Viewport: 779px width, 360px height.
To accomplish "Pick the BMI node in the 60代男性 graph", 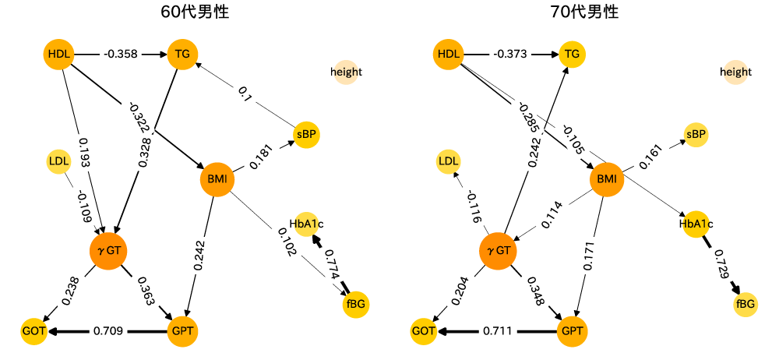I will click(x=217, y=180).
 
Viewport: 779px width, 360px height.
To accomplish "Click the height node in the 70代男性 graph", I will click(x=735, y=72).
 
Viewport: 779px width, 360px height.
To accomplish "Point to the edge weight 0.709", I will click(x=108, y=331).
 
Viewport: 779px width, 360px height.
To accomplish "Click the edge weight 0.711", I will click(x=498, y=331).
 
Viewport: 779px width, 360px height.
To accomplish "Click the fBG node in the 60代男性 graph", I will click(x=354, y=303).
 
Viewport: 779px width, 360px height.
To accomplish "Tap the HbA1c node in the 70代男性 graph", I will click(x=697, y=224).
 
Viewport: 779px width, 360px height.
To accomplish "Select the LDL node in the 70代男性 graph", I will click(x=448, y=161).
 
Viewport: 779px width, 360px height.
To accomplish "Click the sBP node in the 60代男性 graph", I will click(x=307, y=134).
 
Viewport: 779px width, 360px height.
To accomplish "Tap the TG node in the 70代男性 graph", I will click(x=572, y=55).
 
